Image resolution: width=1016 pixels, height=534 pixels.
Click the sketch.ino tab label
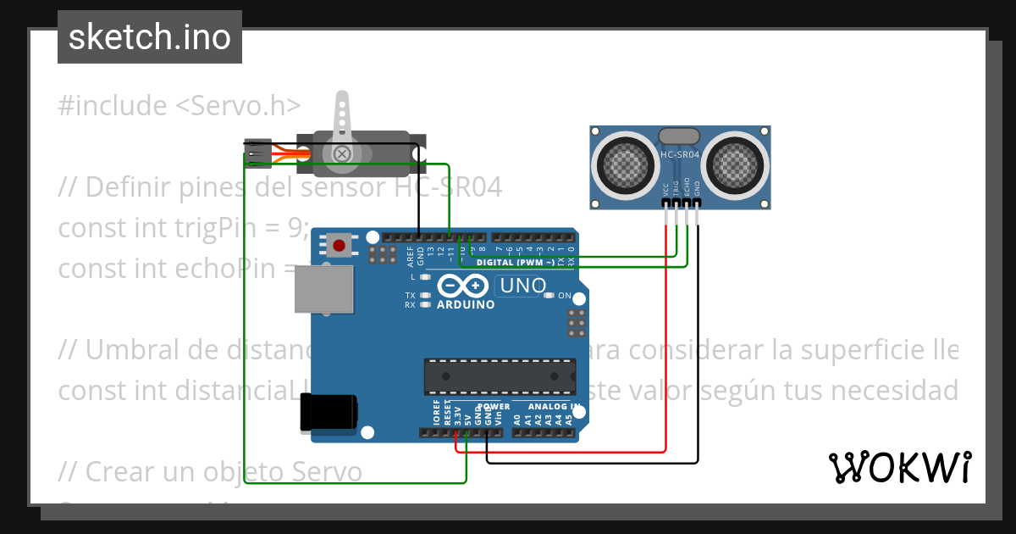150,37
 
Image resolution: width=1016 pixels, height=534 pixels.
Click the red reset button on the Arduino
340,246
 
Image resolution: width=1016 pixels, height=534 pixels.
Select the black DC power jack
329,414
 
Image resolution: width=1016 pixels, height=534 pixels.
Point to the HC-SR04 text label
680,155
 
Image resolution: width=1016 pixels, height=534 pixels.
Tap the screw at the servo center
341,153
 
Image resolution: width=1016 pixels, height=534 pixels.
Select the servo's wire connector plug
257,153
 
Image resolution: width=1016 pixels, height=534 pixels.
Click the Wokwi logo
899,467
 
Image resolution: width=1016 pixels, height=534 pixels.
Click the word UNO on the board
523,286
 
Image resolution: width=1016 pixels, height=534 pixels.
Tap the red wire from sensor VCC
666,339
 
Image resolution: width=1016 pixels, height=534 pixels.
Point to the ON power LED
549,295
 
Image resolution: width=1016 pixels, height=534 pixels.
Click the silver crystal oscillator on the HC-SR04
679,135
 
